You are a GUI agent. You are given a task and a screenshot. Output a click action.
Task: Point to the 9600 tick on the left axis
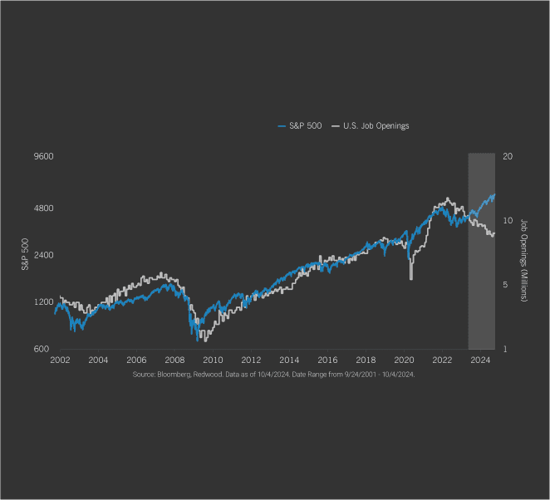click(x=43, y=156)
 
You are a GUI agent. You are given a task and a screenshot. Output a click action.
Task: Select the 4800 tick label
click(x=43, y=208)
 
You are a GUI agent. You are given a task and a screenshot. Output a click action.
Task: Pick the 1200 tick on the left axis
click(x=43, y=301)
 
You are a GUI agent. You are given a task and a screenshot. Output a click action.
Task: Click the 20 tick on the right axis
click(x=508, y=156)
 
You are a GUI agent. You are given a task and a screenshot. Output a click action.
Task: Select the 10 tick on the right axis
click(x=508, y=208)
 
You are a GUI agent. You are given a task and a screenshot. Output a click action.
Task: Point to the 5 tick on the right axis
click(x=505, y=285)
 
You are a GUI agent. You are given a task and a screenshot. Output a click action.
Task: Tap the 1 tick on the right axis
click(x=505, y=349)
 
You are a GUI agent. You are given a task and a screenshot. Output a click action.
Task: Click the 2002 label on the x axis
click(x=60, y=360)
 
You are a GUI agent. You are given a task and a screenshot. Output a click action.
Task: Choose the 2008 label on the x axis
click(x=174, y=360)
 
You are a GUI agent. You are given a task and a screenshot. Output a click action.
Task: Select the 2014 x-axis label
click(x=289, y=360)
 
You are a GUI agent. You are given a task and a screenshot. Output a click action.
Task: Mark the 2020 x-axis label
click(x=404, y=360)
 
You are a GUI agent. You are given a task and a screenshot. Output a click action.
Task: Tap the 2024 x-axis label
click(x=480, y=360)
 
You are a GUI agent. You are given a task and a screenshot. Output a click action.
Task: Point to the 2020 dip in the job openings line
click(x=411, y=278)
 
